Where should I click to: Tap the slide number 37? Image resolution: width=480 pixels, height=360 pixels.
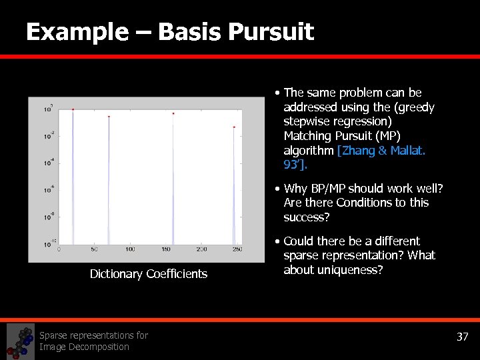tap(462, 337)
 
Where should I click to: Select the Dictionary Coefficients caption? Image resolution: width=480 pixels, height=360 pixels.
tap(149, 274)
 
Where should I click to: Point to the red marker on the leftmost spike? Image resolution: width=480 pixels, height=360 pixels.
tap(73, 109)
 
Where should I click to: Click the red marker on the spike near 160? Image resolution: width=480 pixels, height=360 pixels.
tap(173, 113)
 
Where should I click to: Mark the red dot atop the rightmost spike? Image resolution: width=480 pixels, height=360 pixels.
tap(234, 127)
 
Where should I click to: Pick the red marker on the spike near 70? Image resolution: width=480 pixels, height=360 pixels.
tap(109, 117)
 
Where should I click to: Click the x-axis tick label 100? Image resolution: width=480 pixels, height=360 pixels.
tap(130, 249)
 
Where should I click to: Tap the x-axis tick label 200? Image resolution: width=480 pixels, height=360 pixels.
tap(201, 249)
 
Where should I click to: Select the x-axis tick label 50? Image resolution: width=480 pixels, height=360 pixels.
tap(95, 249)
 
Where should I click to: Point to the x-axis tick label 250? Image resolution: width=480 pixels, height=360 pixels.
tap(237, 249)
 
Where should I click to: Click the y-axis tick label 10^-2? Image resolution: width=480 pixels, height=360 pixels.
tap(49, 136)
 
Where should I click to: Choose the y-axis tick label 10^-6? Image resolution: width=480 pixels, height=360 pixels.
tap(49, 190)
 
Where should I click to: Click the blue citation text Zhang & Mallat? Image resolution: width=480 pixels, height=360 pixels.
tap(382, 150)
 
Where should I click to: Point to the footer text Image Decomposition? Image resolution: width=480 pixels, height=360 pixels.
tap(84, 347)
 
